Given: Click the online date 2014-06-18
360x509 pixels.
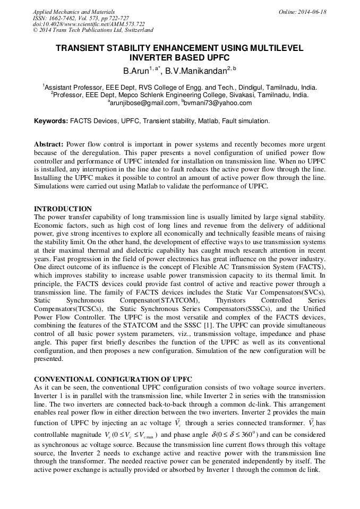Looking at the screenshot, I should pyautogui.click(x=310, y=12).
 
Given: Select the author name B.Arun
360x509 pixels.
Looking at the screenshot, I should pyautogui.click(x=135, y=70).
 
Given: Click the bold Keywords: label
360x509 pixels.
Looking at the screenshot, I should pyautogui.click(x=51, y=121).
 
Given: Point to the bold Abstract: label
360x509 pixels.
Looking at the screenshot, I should pyautogui.click(x=48, y=144).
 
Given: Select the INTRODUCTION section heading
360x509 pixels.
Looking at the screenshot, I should pyautogui.click(x=63, y=209).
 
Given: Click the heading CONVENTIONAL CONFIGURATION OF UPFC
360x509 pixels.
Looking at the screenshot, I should pyautogui.click(x=113, y=379).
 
